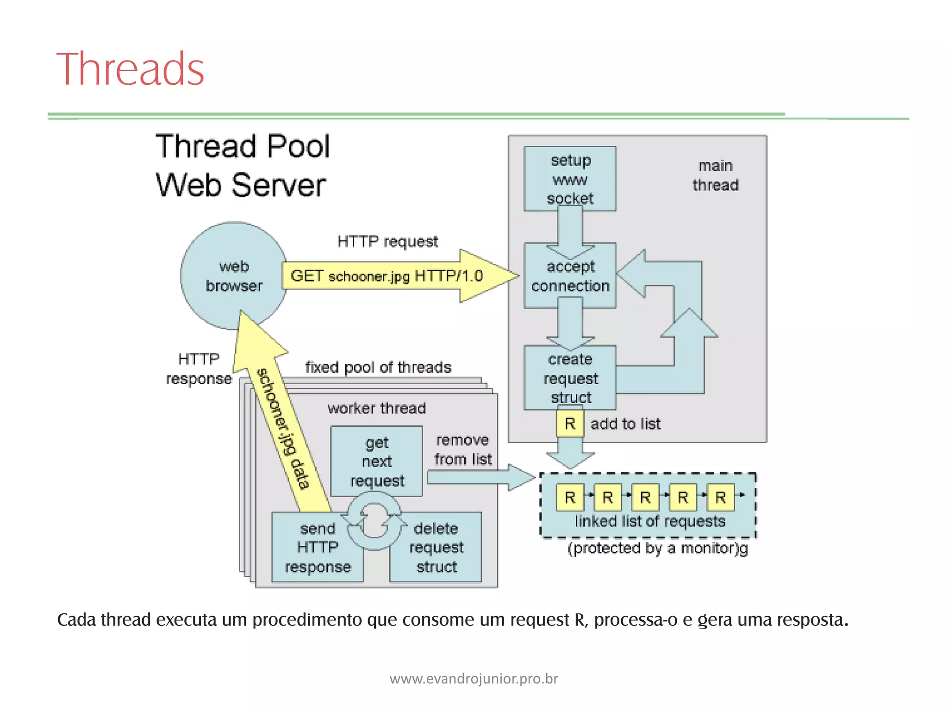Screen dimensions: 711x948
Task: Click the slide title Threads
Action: pyautogui.click(x=130, y=69)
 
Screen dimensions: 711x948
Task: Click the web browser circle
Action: pyautogui.click(x=233, y=276)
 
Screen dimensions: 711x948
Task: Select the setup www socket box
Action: pyautogui.click(x=570, y=179)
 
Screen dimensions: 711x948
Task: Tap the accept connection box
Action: pyautogui.click(x=570, y=276)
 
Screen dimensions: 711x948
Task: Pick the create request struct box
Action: pyautogui.click(x=570, y=378)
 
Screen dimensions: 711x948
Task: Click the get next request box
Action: pyautogui.click(x=376, y=462)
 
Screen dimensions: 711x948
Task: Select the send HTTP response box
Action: pyautogui.click(x=318, y=548)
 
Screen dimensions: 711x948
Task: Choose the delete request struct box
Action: pyautogui.click(x=436, y=548)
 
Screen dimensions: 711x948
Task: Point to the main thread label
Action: pyautogui.click(x=715, y=175)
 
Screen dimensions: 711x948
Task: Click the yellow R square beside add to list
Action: pyautogui.click(x=570, y=424)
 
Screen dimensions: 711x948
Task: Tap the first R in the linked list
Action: pyautogui.click(x=570, y=498)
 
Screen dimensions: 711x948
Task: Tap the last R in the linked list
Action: pyautogui.click(x=720, y=498)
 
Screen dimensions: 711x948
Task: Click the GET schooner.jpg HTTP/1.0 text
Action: pyautogui.click(x=387, y=276)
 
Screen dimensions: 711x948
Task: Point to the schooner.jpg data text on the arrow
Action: pyautogui.click(x=283, y=428)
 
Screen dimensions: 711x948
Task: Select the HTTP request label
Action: pyautogui.click(x=387, y=242)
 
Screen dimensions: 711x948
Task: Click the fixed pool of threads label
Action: pyautogui.click(x=378, y=368)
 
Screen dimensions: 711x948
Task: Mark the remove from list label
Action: pyautogui.click(x=462, y=449)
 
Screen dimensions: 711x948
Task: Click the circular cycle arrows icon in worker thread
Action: pyautogui.click(x=374, y=521)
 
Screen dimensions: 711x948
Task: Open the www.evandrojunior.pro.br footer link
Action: pyautogui.click(x=474, y=679)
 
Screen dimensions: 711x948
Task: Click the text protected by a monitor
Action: pyautogui.click(x=657, y=549)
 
